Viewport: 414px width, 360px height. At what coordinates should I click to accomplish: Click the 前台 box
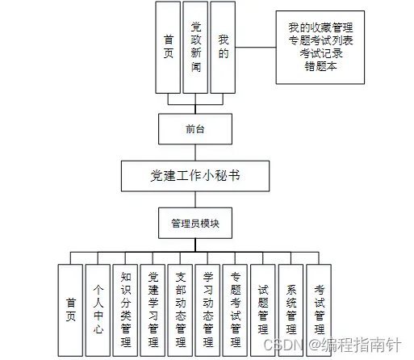pyautogui.click(x=195, y=129)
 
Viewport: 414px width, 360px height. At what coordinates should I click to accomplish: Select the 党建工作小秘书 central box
pyautogui.click(x=195, y=176)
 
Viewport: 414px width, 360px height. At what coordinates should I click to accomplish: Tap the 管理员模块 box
pyautogui.click(x=195, y=223)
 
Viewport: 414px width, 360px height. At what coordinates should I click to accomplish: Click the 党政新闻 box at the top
pyautogui.click(x=195, y=48)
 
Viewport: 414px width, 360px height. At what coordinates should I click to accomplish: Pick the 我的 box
pyautogui.click(x=223, y=48)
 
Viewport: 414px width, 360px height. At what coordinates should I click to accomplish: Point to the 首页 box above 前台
pyautogui.click(x=168, y=48)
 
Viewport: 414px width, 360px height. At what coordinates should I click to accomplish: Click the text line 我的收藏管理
pyautogui.click(x=320, y=27)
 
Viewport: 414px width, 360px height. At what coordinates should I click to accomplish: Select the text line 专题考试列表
pyautogui.click(x=320, y=40)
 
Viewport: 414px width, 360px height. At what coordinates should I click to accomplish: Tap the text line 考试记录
pyautogui.click(x=321, y=53)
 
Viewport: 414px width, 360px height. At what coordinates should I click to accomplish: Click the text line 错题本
pyautogui.click(x=320, y=66)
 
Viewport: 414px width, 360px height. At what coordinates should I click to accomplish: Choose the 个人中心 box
pyautogui.click(x=98, y=310)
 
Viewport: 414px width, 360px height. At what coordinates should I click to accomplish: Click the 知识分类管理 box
pyautogui.click(x=125, y=310)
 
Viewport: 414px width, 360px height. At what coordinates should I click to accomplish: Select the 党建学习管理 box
pyautogui.click(x=153, y=310)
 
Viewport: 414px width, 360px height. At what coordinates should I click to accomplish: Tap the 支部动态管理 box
pyautogui.click(x=180, y=310)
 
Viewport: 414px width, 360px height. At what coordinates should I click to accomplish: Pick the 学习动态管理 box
pyautogui.click(x=207, y=310)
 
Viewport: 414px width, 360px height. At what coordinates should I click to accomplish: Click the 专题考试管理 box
pyautogui.click(x=235, y=310)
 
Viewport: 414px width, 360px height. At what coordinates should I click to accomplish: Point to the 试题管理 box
pyautogui.click(x=263, y=310)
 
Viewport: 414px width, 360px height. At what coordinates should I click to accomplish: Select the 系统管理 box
pyautogui.click(x=291, y=310)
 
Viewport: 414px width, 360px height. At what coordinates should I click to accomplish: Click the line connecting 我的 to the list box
pyautogui.click(x=256, y=48)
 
